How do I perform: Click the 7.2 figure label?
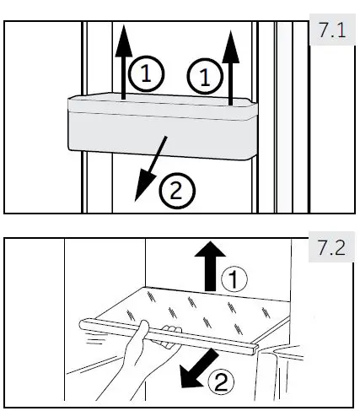coord(332,251)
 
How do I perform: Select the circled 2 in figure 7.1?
coord(175,191)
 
